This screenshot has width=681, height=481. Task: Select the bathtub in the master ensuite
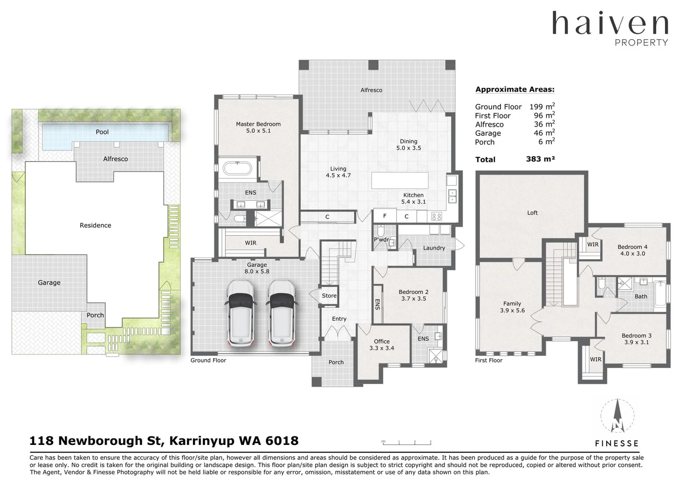(x=237, y=169)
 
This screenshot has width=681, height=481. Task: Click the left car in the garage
(x=241, y=313)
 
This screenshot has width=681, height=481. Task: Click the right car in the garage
(x=282, y=313)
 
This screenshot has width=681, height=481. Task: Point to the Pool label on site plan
(x=102, y=132)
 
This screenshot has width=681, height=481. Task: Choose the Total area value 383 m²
(x=540, y=159)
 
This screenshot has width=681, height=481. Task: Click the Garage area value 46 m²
(x=544, y=133)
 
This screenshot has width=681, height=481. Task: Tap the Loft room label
(x=532, y=213)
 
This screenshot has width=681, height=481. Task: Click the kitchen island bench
(x=400, y=180)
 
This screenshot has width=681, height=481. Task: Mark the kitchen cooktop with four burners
(x=436, y=217)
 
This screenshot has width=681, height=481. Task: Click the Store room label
(x=329, y=296)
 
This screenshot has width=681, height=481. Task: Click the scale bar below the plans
(x=406, y=442)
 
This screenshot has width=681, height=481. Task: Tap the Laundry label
(x=434, y=248)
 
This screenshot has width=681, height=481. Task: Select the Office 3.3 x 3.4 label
(x=382, y=345)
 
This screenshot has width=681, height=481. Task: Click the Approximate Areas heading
(x=515, y=89)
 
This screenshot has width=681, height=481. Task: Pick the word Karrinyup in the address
(x=201, y=441)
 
